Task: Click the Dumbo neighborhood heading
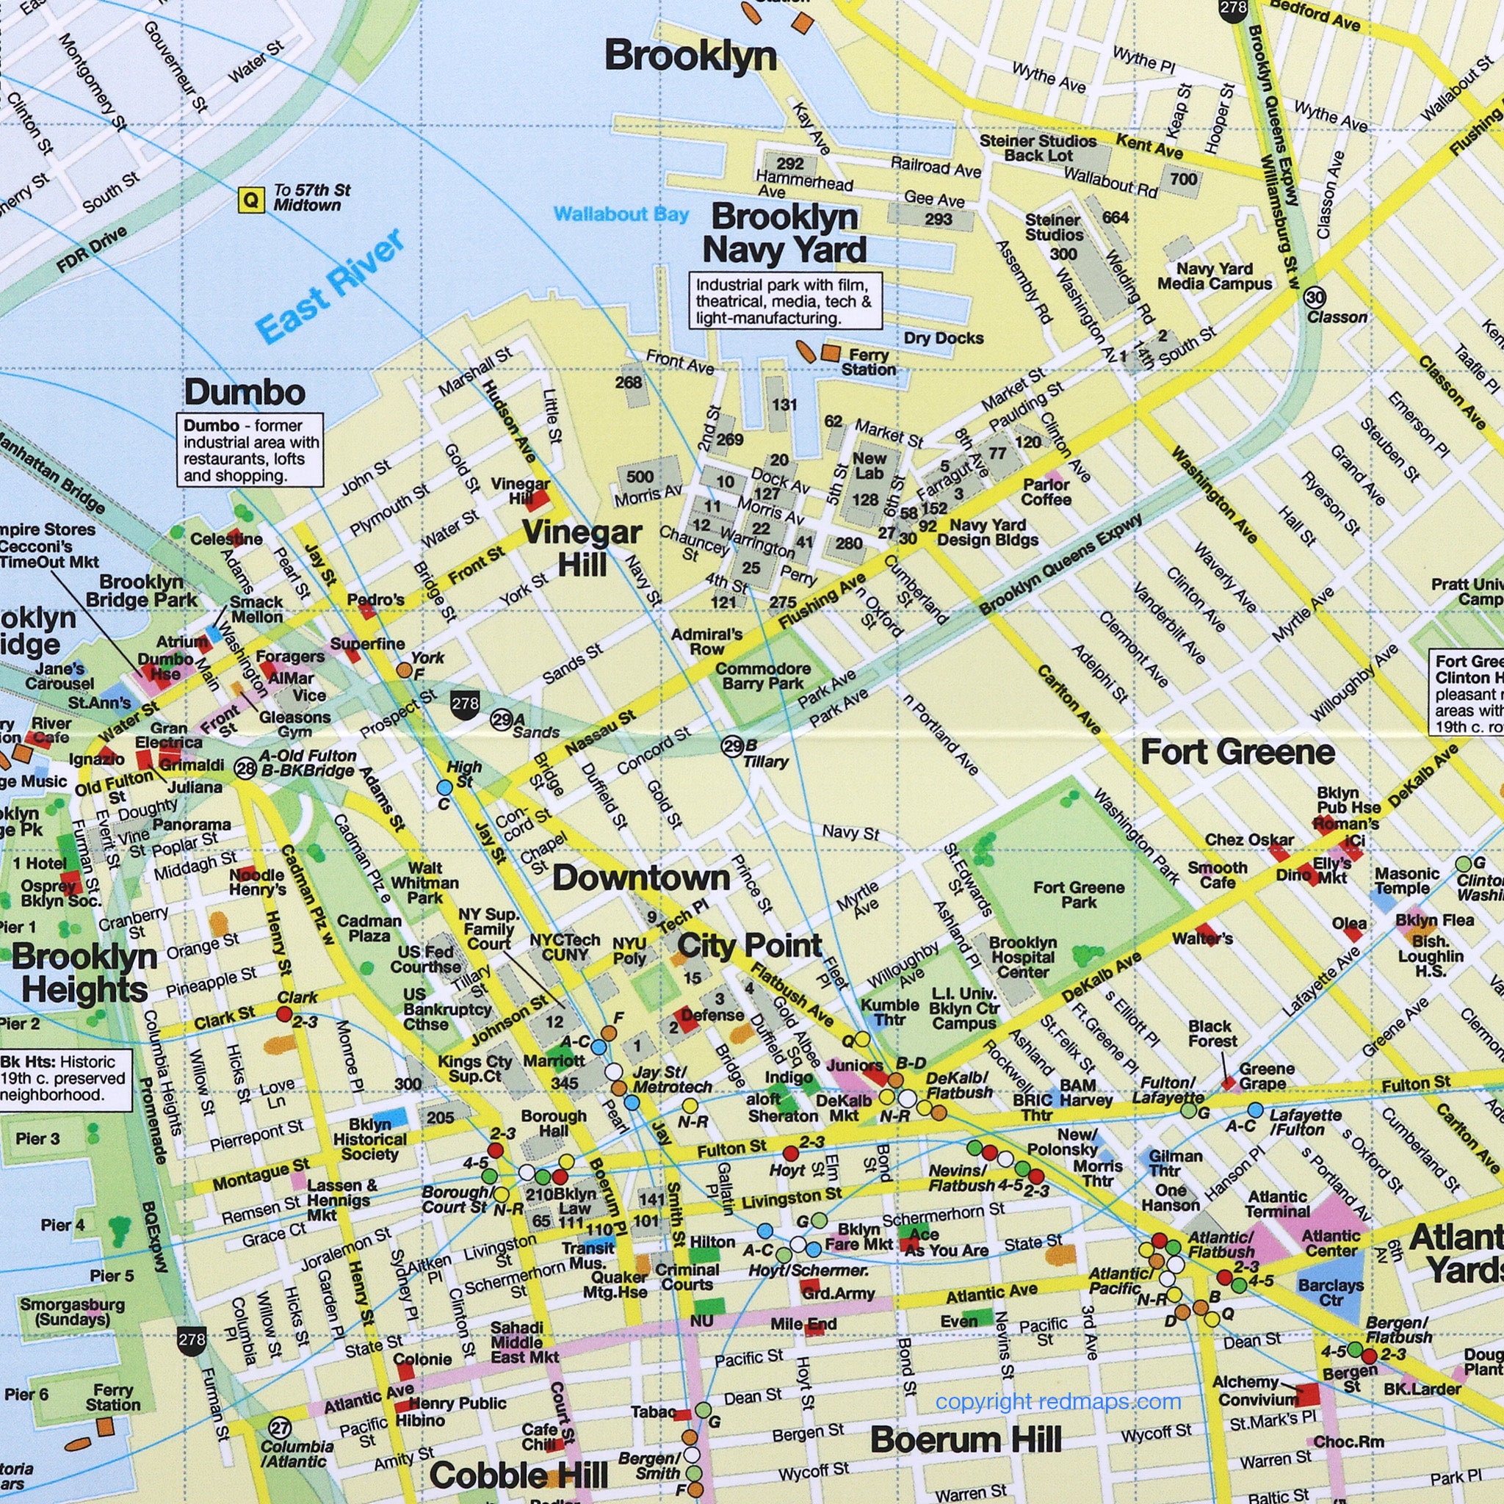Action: (245, 392)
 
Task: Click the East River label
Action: (330, 285)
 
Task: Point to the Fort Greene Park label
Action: (1078, 894)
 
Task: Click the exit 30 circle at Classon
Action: (1315, 297)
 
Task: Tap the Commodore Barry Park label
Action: (762, 676)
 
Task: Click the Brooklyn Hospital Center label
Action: (1022, 957)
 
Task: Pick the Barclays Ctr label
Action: (1331, 1293)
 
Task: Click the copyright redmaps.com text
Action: (1058, 1402)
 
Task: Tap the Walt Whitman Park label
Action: (424, 882)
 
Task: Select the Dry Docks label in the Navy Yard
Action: (944, 338)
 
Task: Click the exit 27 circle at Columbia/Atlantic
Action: (280, 1428)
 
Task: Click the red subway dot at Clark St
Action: (285, 1013)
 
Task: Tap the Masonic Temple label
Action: (1406, 881)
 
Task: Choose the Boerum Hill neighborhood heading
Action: (965, 1439)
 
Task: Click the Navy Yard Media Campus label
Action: (1214, 276)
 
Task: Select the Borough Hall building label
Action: (554, 1123)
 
